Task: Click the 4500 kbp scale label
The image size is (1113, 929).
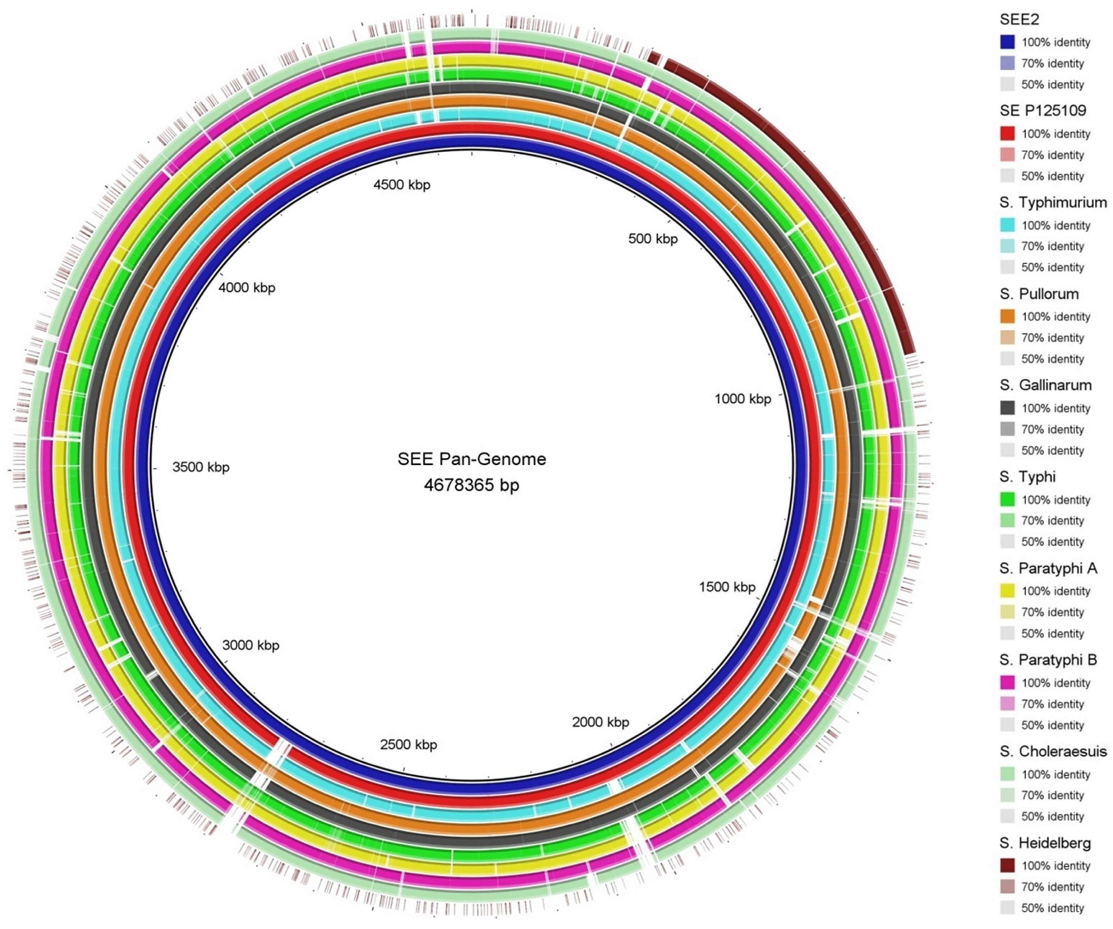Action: click(x=402, y=185)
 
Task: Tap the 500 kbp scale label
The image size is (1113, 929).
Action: click(x=653, y=239)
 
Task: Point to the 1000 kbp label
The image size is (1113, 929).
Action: click(x=742, y=399)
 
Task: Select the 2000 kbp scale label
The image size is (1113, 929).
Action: click(x=601, y=722)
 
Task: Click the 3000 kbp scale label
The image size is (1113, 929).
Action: click(x=251, y=645)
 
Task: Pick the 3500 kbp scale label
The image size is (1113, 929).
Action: click(x=201, y=467)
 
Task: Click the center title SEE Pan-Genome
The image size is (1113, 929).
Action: click(x=472, y=459)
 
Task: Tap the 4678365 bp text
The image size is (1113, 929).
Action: click(x=472, y=485)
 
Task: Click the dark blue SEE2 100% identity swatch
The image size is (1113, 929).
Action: click(x=1008, y=42)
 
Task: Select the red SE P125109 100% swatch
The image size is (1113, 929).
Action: click(x=1008, y=134)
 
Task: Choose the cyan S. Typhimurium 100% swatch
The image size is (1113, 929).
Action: click(x=1008, y=225)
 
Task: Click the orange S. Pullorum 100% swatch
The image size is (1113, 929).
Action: click(x=1008, y=317)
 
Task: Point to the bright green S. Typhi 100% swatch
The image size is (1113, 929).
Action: click(x=1008, y=500)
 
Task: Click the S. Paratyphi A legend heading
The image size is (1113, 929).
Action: click(x=1048, y=568)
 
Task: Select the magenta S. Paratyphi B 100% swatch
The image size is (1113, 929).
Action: click(x=1008, y=683)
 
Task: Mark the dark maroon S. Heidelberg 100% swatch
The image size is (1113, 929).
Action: click(x=1008, y=865)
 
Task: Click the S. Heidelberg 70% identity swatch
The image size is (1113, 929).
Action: click(x=1008, y=887)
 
